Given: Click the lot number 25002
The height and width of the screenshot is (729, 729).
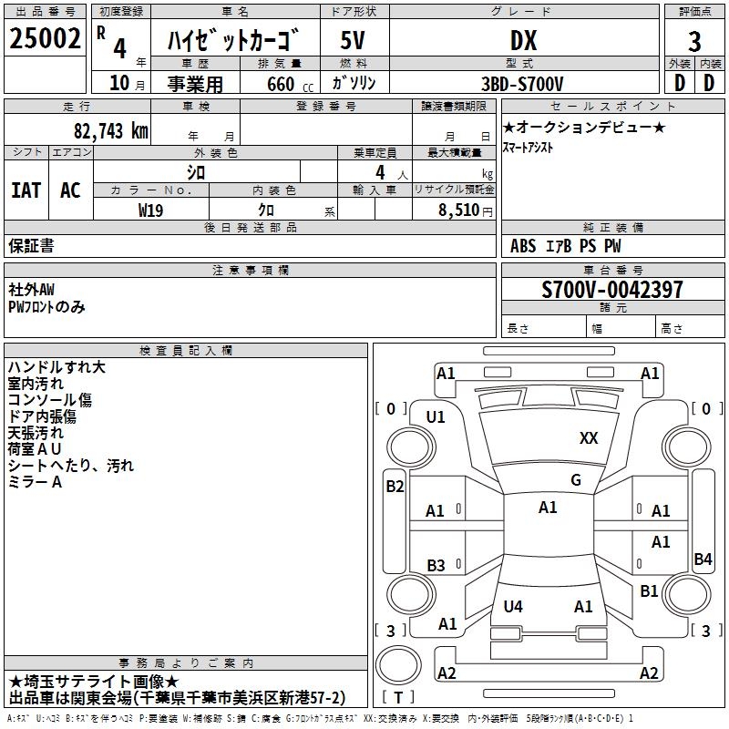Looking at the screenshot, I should coord(46,39).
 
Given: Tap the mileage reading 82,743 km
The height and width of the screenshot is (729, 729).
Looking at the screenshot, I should coord(110,130).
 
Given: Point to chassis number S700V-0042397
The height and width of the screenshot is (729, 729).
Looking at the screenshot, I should coord(611,290).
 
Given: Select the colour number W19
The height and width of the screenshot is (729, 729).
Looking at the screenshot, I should coord(151,210).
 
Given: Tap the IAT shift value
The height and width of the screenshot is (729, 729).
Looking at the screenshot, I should coord(26,190).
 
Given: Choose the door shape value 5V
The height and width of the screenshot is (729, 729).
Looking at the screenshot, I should coord(354,40).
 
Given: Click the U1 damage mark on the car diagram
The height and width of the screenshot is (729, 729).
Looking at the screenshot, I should coord(436,416).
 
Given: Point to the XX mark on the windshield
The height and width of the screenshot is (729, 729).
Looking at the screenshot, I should coord(589,438).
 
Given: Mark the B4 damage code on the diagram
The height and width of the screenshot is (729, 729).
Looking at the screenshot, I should coord(703,560).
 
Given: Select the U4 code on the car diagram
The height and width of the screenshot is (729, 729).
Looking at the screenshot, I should coord(513,606).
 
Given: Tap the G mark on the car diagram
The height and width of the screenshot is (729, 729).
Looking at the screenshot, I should coord(576,480).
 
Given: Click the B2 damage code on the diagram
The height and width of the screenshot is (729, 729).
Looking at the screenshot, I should coord(395,487).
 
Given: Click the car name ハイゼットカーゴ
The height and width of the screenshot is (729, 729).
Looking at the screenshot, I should coord(235,40).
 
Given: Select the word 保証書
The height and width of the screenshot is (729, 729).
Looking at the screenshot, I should coord(31,245).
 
